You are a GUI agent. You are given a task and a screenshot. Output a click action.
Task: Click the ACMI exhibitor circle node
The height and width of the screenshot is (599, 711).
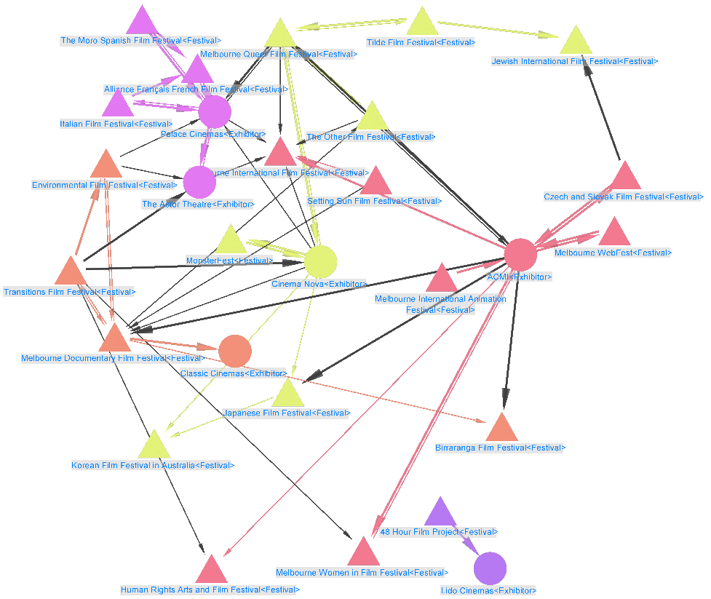tap(520, 254)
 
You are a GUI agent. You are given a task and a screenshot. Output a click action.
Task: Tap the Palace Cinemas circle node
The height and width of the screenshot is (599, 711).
tap(215, 111)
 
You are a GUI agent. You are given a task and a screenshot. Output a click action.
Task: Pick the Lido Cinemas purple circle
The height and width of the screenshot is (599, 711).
tap(490, 568)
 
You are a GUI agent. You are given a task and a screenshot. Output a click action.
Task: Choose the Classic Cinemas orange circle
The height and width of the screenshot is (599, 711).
tap(235, 352)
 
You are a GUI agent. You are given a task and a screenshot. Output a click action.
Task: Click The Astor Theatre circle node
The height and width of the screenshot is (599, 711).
tap(199, 182)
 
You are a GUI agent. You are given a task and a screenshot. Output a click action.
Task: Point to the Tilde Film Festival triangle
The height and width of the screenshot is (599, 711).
tap(421, 23)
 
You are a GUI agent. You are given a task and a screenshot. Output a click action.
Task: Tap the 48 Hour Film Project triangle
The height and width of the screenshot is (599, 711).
tap(439, 514)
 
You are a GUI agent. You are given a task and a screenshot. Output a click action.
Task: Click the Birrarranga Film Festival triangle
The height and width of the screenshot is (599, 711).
tap(501, 429)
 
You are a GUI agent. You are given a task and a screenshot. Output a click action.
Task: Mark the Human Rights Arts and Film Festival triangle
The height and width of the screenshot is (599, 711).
tap(211, 571)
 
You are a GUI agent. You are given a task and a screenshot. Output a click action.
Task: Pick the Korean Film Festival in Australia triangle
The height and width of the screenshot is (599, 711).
tap(154, 446)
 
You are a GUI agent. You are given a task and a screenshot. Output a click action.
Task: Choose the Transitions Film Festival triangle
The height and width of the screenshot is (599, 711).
tap(71, 272)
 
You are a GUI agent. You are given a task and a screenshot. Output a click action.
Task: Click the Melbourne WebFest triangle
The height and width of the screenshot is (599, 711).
tap(616, 234)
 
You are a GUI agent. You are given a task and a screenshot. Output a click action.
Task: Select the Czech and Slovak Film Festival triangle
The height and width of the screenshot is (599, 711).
tap(625, 178)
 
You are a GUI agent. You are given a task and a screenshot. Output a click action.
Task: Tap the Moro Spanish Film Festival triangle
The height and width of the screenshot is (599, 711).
tap(143, 22)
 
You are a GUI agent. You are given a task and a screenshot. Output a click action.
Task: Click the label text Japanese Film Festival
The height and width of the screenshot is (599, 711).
tap(287, 413)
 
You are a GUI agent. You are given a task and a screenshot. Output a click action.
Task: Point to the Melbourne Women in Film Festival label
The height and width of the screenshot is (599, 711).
tap(362, 573)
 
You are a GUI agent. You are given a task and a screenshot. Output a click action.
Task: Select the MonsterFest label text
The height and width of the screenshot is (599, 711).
tap(229, 261)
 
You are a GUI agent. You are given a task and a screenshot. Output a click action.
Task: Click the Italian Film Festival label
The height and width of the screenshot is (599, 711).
tap(116, 124)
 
